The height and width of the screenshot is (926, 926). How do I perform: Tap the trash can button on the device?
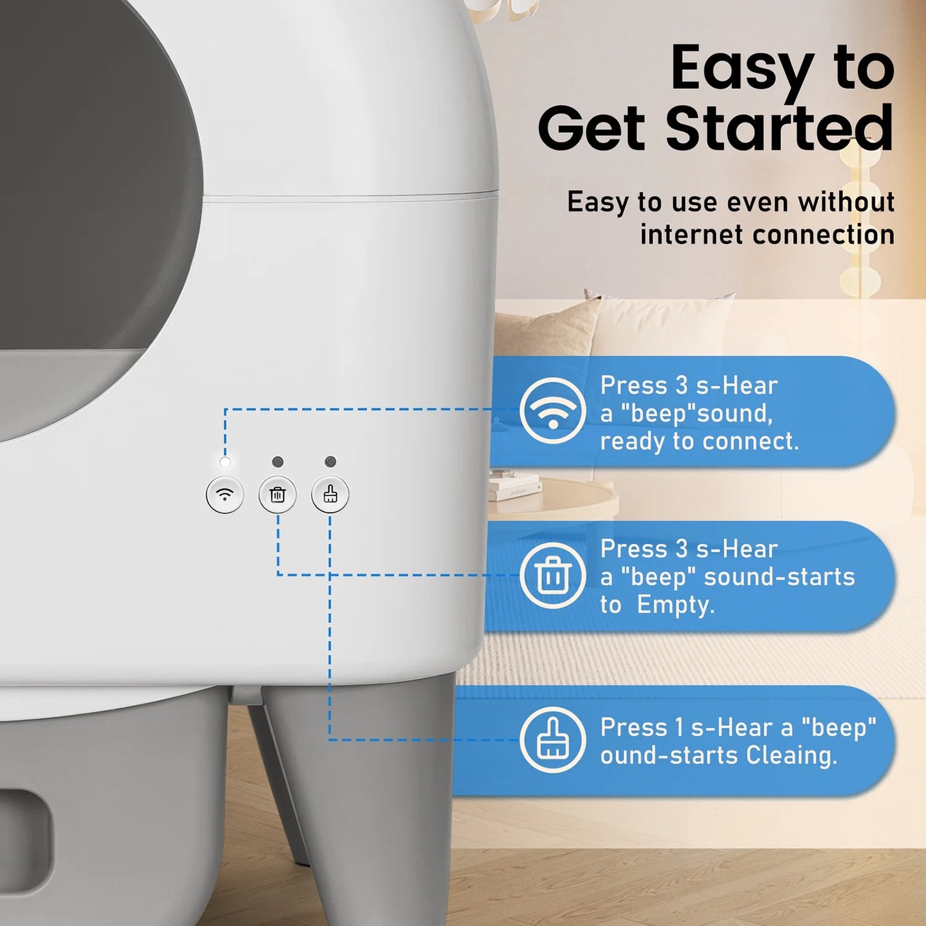277,495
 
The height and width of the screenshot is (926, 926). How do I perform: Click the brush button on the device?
330,495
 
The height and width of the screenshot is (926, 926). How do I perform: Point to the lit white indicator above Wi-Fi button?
225,462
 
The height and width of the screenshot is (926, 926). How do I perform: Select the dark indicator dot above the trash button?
277,462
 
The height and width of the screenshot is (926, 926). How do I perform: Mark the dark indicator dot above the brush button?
330,462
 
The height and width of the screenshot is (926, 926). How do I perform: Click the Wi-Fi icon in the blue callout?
552,411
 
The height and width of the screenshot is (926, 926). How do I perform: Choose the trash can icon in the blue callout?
552,575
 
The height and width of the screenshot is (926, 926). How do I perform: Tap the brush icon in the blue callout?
552,740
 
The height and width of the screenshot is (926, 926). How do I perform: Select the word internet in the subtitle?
691,234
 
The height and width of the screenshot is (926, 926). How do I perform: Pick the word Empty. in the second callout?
675,604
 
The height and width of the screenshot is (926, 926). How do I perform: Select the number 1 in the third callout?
679,727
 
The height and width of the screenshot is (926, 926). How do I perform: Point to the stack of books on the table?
515,486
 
